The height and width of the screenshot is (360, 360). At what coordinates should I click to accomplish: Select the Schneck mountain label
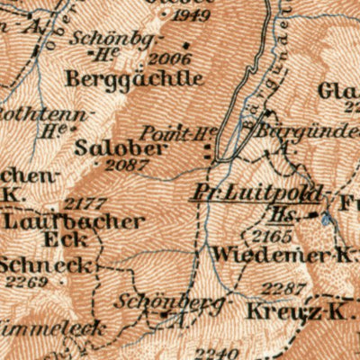[x=34, y=265]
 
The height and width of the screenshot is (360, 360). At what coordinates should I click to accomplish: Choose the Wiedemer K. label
[x=281, y=255]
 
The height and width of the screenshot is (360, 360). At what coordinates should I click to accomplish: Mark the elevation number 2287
[x=282, y=288]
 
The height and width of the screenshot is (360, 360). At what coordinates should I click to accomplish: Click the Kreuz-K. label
[x=281, y=311]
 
